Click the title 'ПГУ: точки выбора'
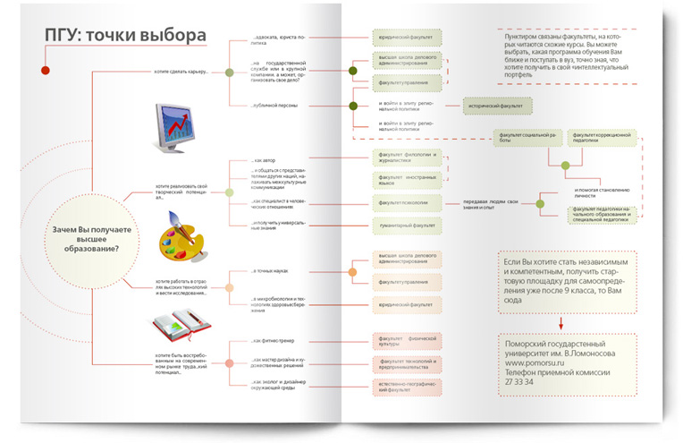(x=126, y=36)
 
